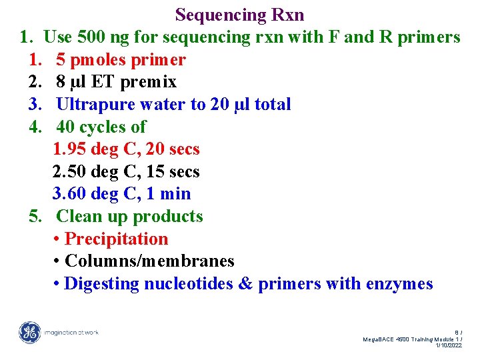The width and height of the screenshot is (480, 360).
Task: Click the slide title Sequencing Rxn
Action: [x=239, y=14]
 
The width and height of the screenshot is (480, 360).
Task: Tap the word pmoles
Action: [x=101, y=60]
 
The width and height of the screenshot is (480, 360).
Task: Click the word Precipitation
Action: [x=117, y=239]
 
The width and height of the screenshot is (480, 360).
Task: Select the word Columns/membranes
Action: [x=149, y=261]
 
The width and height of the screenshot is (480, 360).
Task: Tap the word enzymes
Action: [x=399, y=284]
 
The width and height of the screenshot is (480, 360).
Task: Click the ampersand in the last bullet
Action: [x=245, y=284]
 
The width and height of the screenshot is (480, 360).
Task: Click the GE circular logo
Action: [x=29, y=332]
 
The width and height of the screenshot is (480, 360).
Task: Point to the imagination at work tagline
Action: [x=71, y=332]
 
